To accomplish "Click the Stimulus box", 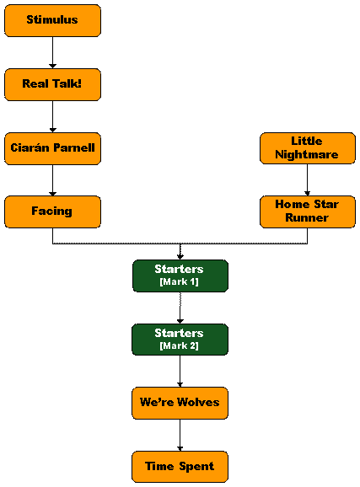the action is pos(52,20).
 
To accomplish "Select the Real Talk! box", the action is pos(52,84).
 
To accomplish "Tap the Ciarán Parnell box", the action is pos(52,148).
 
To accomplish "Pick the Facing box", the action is pos(52,211).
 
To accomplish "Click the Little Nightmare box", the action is pos(308,148).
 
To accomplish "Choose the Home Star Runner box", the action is pos(308,211).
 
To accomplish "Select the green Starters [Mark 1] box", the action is pos(180,276).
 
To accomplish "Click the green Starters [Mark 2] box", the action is pos(180,340).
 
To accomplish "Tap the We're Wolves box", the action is pos(180,403).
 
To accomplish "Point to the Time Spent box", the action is pos(180,467).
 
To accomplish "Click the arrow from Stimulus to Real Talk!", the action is pos(52,52).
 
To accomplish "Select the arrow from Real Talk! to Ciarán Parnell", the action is pos(52,116).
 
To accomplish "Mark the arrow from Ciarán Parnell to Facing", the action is pos(52,180).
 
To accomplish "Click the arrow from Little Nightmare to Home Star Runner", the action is pos(308,179).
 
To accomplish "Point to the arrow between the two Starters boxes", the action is pos(180,308).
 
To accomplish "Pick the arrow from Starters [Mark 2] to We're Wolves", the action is pos(180,372).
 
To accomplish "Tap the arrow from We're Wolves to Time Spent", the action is pos(180,435).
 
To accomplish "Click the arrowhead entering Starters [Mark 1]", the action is pos(180,257).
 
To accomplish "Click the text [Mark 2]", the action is pos(179,345).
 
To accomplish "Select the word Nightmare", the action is pos(307,155).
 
